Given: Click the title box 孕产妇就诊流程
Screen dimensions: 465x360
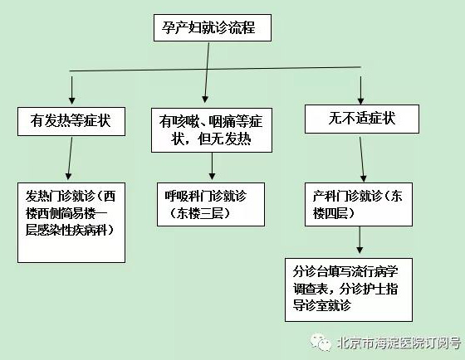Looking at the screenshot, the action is point(213,27).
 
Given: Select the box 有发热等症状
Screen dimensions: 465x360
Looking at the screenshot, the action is point(71,121).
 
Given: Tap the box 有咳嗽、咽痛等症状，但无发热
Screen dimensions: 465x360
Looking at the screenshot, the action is point(212,130).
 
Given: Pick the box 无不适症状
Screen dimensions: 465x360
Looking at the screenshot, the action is point(362,119).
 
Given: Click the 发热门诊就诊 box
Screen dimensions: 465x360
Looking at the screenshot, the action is point(71,222).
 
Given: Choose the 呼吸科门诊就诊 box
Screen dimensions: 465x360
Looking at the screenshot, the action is point(211,204).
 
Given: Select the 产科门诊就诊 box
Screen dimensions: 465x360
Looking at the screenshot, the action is point(359,204).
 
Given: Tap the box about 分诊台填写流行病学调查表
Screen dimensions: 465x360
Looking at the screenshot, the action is point(349,289).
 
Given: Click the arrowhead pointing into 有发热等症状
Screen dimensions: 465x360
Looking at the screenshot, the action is point(71,100).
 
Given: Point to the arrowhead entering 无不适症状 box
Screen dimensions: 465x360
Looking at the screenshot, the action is point(360,100).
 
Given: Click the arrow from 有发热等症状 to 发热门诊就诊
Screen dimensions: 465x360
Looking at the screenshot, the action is point(70,158).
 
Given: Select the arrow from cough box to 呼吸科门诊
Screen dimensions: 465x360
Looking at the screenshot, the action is point(212,166).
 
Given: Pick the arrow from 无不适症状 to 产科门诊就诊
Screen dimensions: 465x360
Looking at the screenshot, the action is point(362,159).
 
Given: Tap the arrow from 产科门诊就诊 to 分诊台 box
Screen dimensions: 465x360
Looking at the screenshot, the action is point(360,240).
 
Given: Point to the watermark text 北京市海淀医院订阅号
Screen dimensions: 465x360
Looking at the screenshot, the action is point(399,343).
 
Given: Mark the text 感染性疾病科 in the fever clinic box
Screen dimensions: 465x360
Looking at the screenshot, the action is point(73,231).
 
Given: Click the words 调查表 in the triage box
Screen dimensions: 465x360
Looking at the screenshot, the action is point(311,289).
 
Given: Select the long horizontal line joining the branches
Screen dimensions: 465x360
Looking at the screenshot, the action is point(215,69).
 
